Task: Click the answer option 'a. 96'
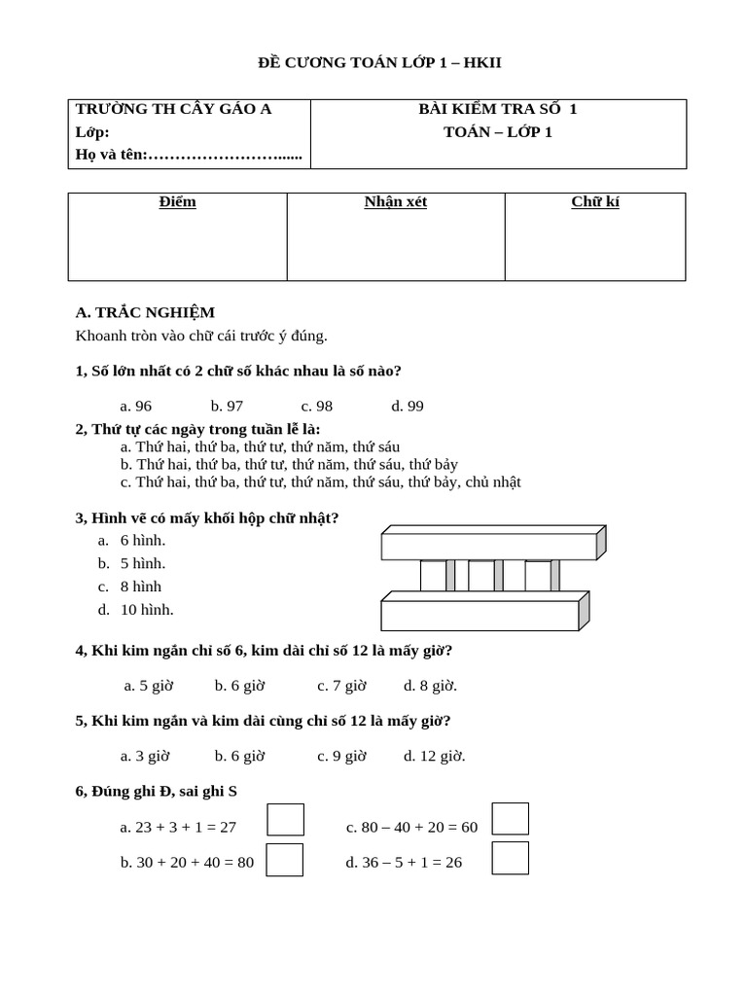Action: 135,406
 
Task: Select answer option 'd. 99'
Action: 408,406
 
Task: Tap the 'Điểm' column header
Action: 177,202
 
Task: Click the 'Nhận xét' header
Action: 396,202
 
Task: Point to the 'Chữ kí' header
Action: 595,202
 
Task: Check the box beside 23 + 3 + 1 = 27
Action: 285,820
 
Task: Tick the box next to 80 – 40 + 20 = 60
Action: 511,819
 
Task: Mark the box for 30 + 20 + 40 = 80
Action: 285,860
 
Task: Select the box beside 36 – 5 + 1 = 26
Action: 511,858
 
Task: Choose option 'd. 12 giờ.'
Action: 434,756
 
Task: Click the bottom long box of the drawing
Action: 481,615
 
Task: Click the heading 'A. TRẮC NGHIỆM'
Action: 145,312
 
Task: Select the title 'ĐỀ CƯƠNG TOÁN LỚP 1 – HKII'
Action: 379,63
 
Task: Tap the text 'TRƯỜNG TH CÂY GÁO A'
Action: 173,109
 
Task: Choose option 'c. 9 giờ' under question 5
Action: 341,756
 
